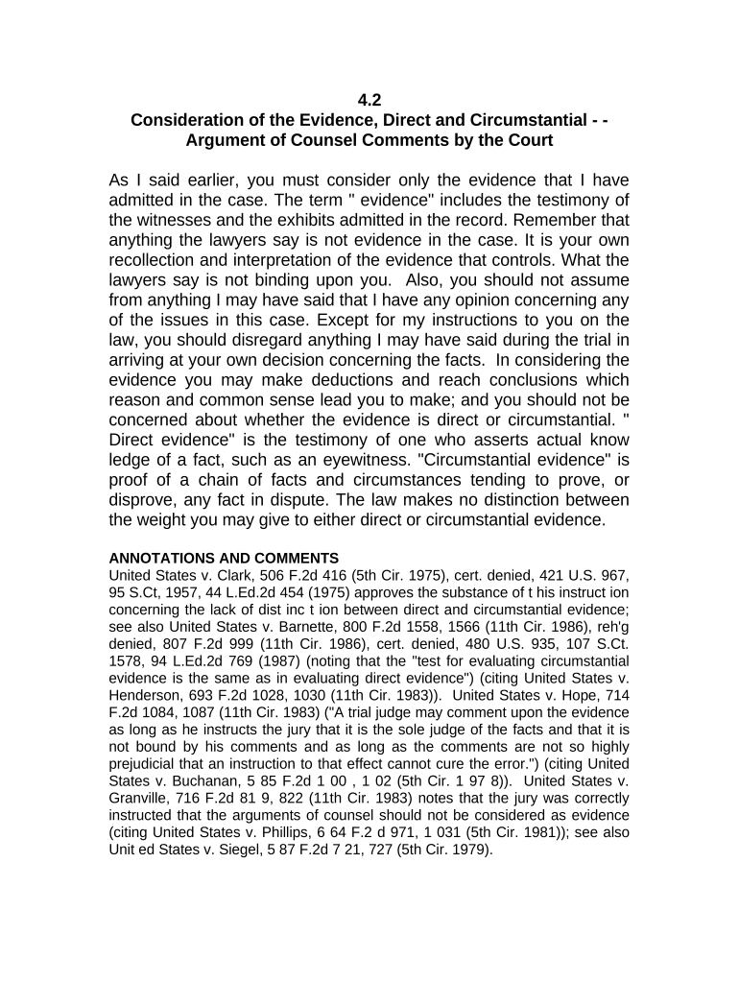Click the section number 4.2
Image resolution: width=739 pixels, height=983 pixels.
pyautogui.click(x=369, y=99)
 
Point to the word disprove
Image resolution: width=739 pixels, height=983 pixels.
pyautogui.click(x=145, y=499)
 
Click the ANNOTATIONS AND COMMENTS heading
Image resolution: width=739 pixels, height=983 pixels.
pyautogui.click(x=224, y=558)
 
